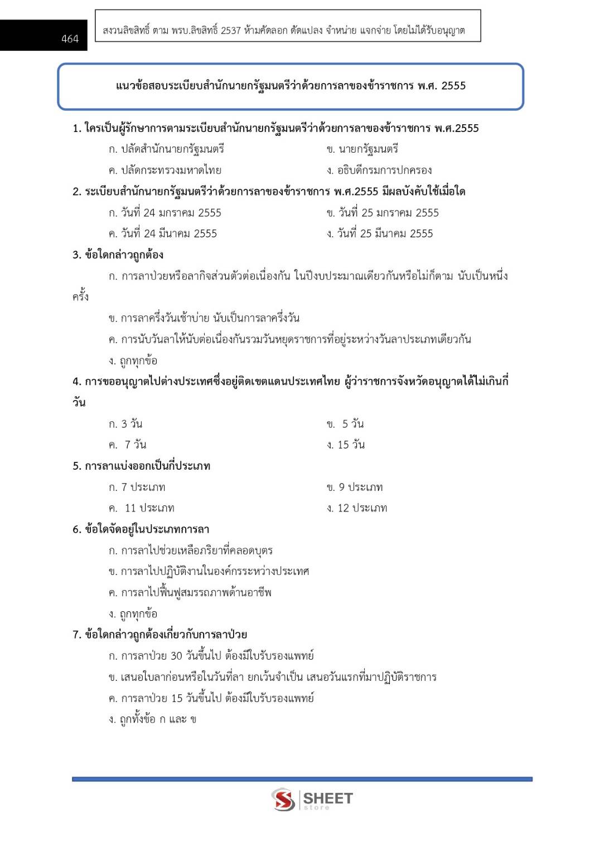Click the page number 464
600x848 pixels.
pyautogui.click(x=70, y=38)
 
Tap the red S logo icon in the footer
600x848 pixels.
pyautogui.click(x=283, y=800)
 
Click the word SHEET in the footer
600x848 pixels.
pyautogui.click(x=328, y=798)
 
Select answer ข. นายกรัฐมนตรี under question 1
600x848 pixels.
pyautogui.click(x=362, y=149)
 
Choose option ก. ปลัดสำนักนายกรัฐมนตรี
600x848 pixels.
pyautogui.click(x=166, y=149)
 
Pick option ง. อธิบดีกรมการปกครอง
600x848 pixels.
pyautogui.click(x=379, y=170)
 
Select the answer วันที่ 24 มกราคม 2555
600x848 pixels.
pyautogui.click(x=165, y=213)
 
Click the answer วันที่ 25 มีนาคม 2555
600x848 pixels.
pyautogui.click(x=380, y=234)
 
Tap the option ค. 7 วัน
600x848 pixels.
pyautogui.click(x=128, y=445)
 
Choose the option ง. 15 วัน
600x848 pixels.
pyautogui.click(x=346, y=445)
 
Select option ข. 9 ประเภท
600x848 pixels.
pyautogui.click(x=355, y=487)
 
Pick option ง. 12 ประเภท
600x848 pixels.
pyautogui.click(x=357, y=508)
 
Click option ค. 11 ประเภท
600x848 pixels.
pyautogui.click(x=142, y=508)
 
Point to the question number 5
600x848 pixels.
pyautogui.click(x=76, y=466)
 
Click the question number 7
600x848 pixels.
pyautogui.click(x=76, y=635)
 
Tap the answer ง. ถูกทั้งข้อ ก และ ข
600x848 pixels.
pyautogui.click(x=152, y=719)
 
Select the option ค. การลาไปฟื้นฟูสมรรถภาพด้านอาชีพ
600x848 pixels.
pyautogui.click(x=190, y=593)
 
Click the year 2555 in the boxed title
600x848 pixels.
pyautogui.click(x=453, y=86)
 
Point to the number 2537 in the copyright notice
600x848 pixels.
pyautogui.click(x=231, y=31)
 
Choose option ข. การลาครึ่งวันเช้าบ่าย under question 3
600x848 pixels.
pyautogui.click(x=204, y=318)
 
